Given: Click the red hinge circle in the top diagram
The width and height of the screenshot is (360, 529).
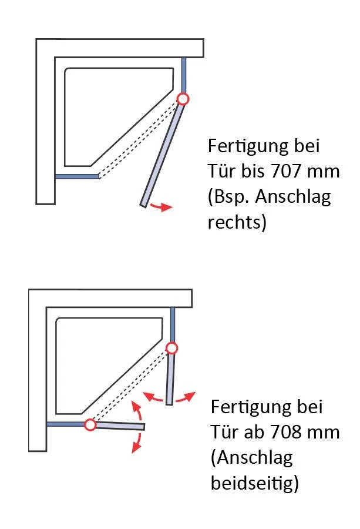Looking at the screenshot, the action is [x=183, y=99].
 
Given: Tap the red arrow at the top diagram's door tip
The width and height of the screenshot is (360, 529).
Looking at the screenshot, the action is [x=161, y=206].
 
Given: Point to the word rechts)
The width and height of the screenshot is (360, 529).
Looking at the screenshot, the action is [x=237, y=222].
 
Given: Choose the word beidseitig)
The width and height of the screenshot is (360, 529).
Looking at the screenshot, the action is [x=254, y=483].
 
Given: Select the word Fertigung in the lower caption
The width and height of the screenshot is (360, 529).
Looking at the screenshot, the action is [x=250, y=407].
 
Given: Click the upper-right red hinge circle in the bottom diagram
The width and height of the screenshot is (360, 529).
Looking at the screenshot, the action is [x=172, y=348].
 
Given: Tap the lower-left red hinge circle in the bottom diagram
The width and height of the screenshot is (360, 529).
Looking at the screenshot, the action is [x=90, y=424].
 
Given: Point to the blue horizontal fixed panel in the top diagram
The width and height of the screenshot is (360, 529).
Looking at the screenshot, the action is [x=77, y=176].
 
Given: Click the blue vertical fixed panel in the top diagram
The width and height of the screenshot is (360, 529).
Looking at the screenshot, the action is [x=184, y=76].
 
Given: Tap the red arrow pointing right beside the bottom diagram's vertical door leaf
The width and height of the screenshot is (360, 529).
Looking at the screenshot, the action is [x=186, y=397].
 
